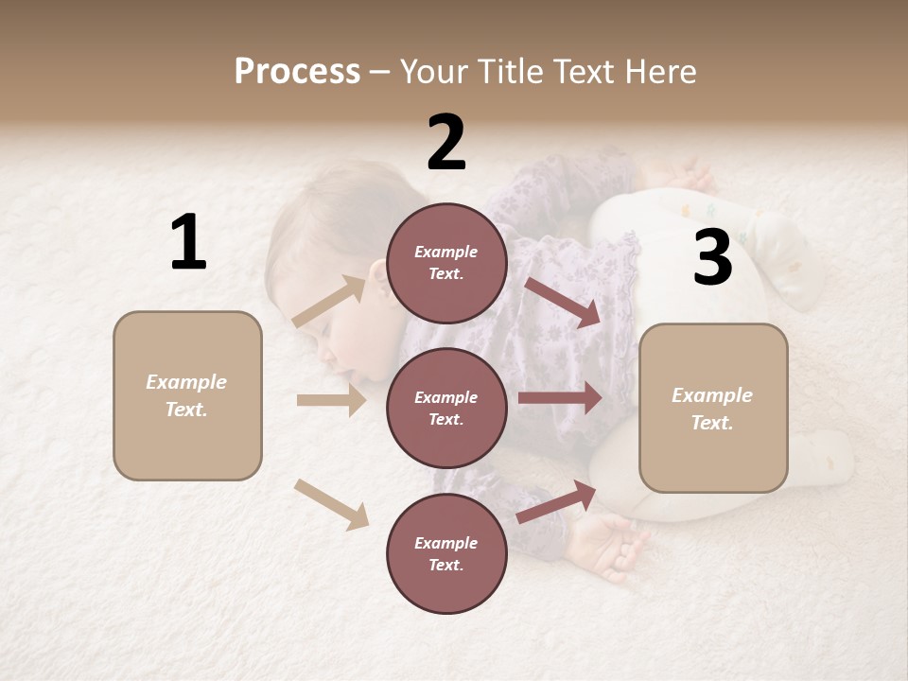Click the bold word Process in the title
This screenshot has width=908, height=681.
[297, 72]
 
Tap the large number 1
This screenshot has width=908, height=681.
[188, 242]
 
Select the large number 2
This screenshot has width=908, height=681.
[446, 143]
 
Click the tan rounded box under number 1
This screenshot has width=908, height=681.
[187, 395]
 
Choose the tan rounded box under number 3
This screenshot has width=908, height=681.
[713, 408]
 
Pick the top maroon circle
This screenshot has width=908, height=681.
[446, 263]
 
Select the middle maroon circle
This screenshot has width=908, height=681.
[446, 408]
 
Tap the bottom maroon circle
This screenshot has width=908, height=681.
[446, 553]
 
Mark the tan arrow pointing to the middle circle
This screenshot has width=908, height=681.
[331, 400]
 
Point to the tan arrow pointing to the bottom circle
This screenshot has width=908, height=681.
[331, 504]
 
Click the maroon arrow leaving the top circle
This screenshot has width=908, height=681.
[564, 302]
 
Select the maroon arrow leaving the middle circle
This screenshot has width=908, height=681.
[560, 397]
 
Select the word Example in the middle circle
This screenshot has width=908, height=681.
[446, 397]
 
